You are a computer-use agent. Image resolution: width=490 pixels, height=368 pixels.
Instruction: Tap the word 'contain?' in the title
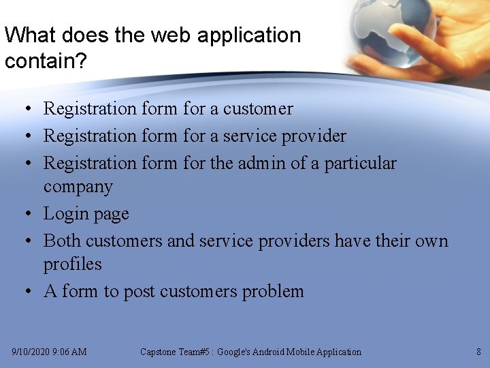pos(46,61)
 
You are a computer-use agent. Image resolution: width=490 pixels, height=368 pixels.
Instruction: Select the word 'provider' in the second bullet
pos(314,136)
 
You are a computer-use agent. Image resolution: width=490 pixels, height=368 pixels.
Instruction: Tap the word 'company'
pos(78,187)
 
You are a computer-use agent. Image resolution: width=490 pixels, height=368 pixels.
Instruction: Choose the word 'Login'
pos(65,214)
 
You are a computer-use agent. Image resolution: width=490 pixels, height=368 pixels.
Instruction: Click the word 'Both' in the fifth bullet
pos(63,241)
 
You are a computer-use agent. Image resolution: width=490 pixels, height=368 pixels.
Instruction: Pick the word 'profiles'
pos(72,264)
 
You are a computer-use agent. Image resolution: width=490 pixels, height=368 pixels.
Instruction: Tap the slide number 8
pos(478,352)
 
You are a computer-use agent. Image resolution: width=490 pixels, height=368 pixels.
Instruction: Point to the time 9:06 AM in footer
pos(71,352)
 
